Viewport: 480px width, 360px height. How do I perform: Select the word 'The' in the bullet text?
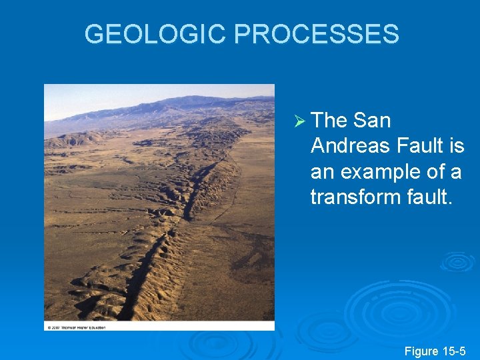coord(329,121)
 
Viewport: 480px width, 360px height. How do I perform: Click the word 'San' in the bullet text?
coord(372,121)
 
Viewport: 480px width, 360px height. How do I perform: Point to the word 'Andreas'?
coord(351,146)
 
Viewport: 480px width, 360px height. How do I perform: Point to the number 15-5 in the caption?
coord(456,351)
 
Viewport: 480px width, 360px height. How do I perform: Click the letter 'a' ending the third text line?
coord(456,172)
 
